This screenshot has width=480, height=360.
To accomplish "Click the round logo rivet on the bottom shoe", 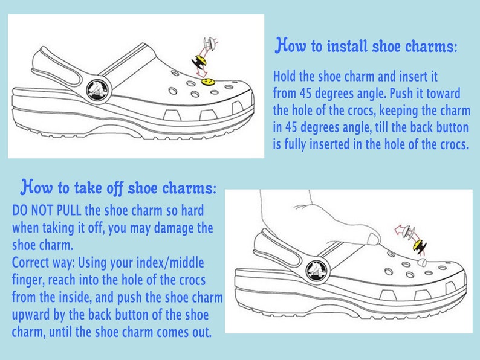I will pos(316,268).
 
